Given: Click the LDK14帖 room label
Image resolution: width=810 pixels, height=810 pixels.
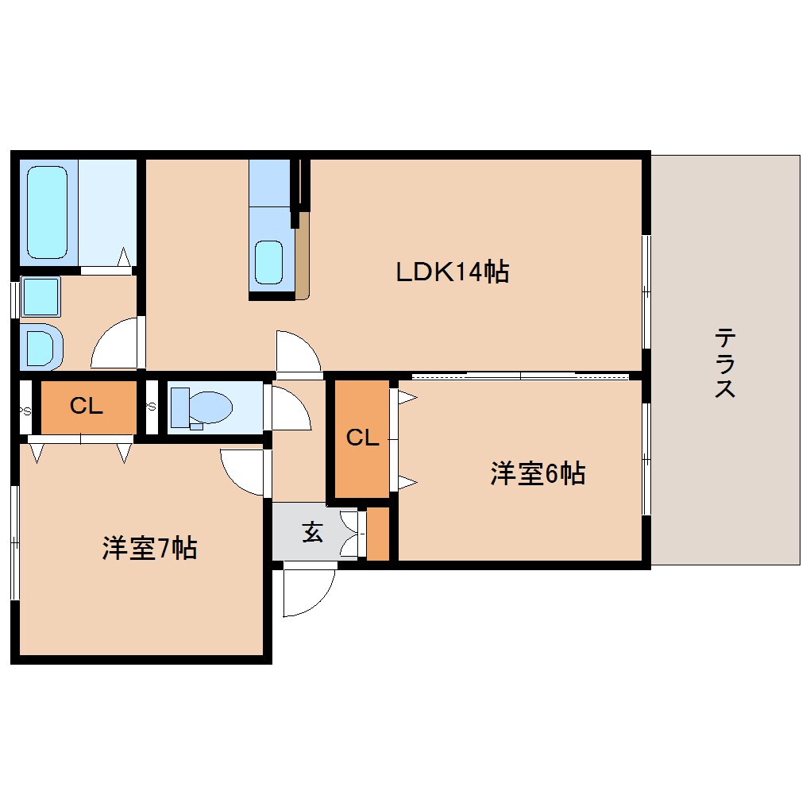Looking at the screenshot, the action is [x=452, y=272].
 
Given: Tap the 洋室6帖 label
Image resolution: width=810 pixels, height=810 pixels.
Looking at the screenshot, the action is [x=538, y=472].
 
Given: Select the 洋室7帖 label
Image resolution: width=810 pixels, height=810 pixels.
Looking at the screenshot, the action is [x=149, y=548].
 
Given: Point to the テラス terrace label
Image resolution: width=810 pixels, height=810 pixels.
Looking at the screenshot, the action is [x=725, y=363].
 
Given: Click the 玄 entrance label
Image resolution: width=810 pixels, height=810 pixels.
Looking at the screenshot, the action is [x=313, y=531].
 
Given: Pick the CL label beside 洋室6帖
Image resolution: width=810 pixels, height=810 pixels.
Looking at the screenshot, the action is [x=362, y=438].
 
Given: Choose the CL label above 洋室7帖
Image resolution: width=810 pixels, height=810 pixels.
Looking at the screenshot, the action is [x=87, y=406].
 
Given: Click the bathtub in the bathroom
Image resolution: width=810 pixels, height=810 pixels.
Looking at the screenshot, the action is [x=47, y=212].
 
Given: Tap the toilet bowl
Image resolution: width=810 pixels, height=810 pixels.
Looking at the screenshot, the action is [x=202, y=408].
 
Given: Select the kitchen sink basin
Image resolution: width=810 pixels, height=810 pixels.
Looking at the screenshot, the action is [x=269, y=262].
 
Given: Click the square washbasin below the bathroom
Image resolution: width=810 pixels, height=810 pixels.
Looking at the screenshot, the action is [x=40, y=296].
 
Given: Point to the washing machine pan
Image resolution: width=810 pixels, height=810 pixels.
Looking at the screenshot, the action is [x=41, y=346].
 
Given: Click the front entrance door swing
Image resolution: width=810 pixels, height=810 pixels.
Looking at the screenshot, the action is [x=310, y=591].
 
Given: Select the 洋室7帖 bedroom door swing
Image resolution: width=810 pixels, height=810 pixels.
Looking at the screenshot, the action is [x=243, y=472].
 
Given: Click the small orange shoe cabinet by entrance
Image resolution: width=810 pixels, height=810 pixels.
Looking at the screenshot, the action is [x=378, y=534].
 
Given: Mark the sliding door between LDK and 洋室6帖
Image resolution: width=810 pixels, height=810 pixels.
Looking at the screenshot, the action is [x=519, y=376].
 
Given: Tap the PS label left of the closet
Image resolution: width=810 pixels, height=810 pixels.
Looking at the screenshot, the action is [x=25, y=411].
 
